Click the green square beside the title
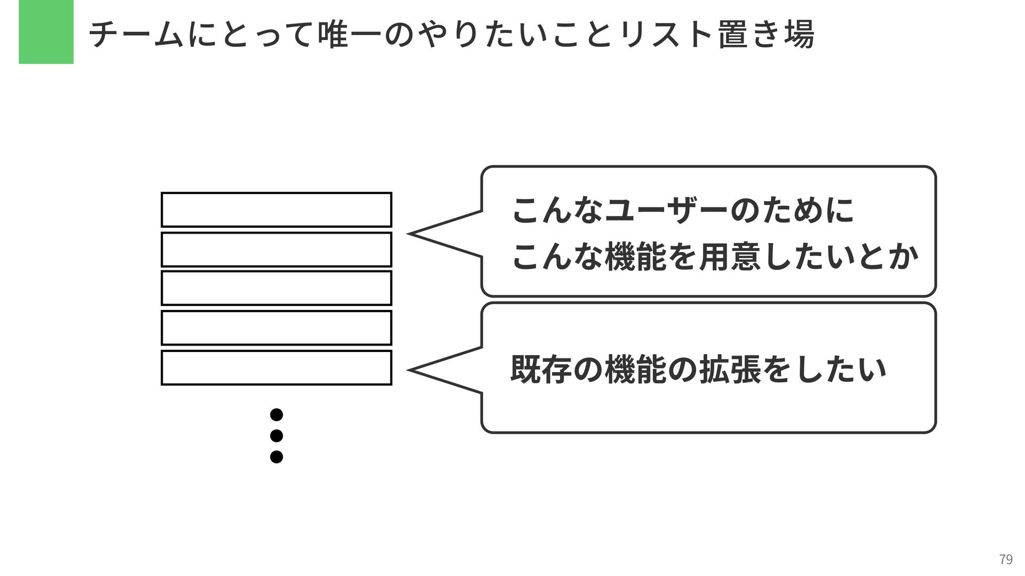pyautogui.click(x=46, y=32)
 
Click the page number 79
pyautogui.click(x=1005, y=559)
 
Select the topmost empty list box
pyautogui.click(x=276, y=210)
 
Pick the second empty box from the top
pyautogui.click(x=276, y=249)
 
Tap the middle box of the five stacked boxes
pyautogui.click(x=276, y=288)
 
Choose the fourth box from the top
pyautogui.click(x=276, y=327)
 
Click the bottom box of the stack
pyautogui.click(x=276, y=367)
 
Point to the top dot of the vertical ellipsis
pyautogui.click(x=276, y=414)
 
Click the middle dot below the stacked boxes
pyautogui.click(x=276, y=436)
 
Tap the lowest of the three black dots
pyautogui.click(x=276, y=457)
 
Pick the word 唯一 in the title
pyautogui.click(x=348, y=34)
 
